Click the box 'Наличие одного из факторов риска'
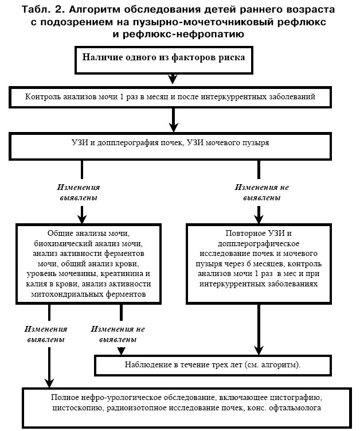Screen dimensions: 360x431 (163, 60)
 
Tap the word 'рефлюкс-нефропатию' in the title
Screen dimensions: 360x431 (178, 34)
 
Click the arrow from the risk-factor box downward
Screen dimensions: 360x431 (173, 79)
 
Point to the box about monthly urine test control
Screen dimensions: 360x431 (170, 98)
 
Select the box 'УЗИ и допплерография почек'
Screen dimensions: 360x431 (170, 146)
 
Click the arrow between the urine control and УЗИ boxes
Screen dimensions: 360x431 (173, 120)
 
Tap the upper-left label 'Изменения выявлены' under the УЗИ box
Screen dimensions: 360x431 (79, 192)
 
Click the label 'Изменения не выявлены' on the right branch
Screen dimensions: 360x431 (262, 192)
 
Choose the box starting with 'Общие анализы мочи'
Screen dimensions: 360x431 (88, 264)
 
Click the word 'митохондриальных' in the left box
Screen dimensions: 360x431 (67, 294)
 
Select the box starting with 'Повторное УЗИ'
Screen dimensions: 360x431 (259, 264)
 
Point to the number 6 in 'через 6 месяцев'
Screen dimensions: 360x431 (249, 263)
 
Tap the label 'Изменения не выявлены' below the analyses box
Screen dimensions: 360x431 (118, 334)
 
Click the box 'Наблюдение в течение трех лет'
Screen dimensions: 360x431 (213, 366)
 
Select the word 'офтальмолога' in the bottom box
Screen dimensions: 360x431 (295, 407)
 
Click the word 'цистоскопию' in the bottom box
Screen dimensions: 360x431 (77, 407)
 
